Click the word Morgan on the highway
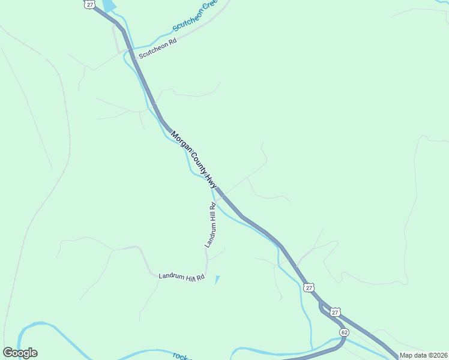[180, 143]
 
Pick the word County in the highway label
[196, 162]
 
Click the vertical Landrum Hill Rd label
[211, 226]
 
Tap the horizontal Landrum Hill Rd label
[182, 277]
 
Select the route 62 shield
[344, 332]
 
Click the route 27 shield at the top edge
[90, 4]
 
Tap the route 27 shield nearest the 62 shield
[335, 312]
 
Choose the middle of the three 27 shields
[309, 288]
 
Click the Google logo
[20, 353]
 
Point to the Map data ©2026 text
[423, 355]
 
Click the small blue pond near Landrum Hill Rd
[217, 279]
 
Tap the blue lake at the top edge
[109, 5]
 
